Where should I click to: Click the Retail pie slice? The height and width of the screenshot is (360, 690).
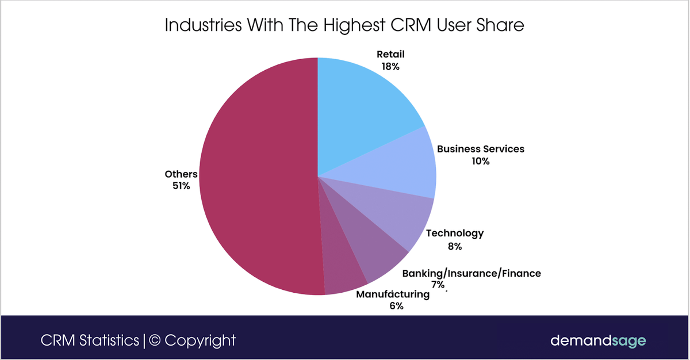pos(362,109)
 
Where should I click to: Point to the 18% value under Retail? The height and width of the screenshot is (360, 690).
pos(390,67)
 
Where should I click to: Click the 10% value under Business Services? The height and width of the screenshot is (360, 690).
pos(480,162)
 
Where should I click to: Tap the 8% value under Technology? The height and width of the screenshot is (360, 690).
pos(454,247)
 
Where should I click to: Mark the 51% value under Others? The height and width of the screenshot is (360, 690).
pos(180,186)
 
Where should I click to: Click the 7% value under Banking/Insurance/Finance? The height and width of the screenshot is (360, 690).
pos(438,285)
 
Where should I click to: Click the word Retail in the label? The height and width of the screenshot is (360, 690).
pos(390,55)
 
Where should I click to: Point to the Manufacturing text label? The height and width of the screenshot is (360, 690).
pos(393,294)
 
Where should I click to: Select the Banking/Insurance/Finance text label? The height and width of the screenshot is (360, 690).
pos(471,273)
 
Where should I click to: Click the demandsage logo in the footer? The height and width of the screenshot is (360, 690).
pos(598,340)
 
